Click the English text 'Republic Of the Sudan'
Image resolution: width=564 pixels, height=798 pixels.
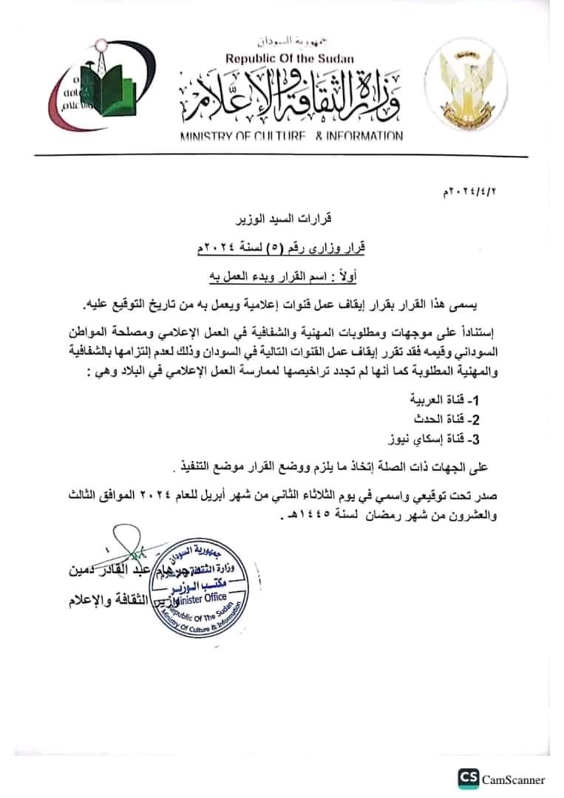pyautogui.click(x=290, y=58)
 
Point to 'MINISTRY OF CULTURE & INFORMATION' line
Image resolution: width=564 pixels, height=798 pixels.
pyautogui.click(x=291, y=136)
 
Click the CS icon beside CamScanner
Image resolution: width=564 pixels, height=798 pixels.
pyautogui.click(x=468, y=779)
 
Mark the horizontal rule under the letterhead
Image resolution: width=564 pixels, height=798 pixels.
pyautogui.click(x=282, y=157)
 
